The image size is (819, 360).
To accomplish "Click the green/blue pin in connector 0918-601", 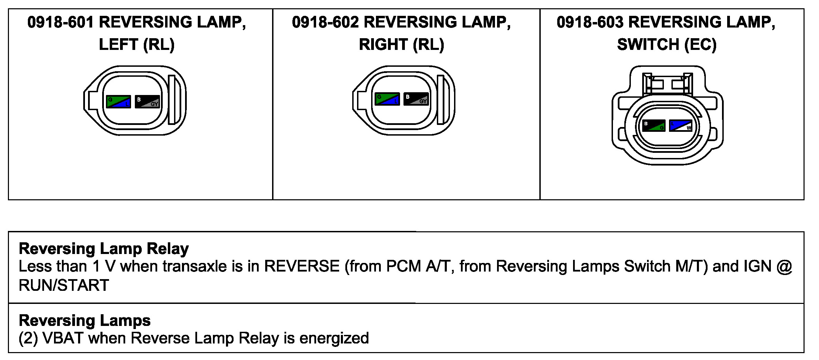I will pos(118,102).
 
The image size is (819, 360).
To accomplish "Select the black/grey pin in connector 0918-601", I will pos(147,102).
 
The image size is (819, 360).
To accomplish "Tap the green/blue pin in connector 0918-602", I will pos(387,99).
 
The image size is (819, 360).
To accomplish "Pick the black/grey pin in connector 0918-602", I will pos(416,99).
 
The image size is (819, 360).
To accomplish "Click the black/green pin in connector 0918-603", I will pos(654,126).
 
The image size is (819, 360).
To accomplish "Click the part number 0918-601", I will pos(61,22).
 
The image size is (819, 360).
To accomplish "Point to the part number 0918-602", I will pos(325,22).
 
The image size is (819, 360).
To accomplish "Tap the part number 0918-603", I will pos(590,22).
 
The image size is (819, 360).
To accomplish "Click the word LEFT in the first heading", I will pos(118,45).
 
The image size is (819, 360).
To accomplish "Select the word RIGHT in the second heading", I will pos(383,45).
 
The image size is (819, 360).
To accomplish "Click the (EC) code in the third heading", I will pos(700,45).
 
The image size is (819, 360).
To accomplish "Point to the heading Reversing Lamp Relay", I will pos(104,248).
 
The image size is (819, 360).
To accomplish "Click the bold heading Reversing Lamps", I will pos(85,320).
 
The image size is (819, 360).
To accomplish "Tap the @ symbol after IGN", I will pos(785,266).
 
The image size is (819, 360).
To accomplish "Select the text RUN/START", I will pos(64,285).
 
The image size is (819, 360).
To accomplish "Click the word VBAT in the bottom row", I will pos(63,338).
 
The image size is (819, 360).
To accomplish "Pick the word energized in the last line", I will pos(334,338).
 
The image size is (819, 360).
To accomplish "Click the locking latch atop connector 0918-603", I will pos(667,84).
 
